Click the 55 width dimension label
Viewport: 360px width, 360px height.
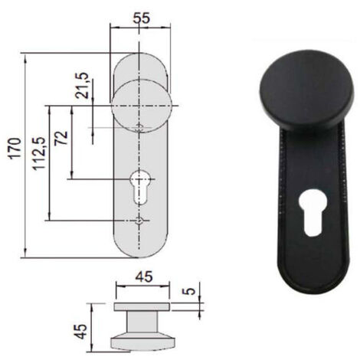pyautogui.click(x=142, y=18)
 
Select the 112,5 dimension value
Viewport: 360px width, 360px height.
pyautogui.click(x=38, y=153)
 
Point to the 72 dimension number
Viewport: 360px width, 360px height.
pyautogui.click(x=61, y=138)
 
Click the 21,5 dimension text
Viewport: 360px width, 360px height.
pyautogui.click(x=82, y=86)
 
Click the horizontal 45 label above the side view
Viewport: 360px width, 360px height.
pyautogui.click(x=144, y=277)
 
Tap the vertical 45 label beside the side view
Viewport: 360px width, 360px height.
pyautogui.click(x=82, y=332)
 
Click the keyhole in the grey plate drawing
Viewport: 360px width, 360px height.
pyautogui.click(x=139, y=187)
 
